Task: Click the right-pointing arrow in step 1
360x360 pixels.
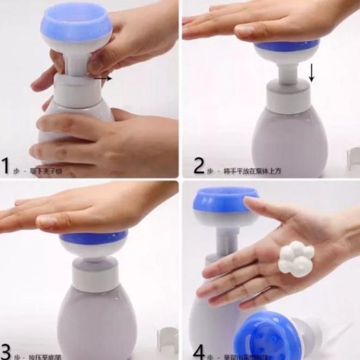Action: coord(103,78)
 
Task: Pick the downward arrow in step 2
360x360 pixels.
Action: coord(311,72)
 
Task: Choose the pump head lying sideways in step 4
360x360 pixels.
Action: coord(271,335)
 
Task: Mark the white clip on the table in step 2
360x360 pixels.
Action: coord(353,158)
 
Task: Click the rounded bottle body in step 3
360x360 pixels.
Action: coord(97,322)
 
